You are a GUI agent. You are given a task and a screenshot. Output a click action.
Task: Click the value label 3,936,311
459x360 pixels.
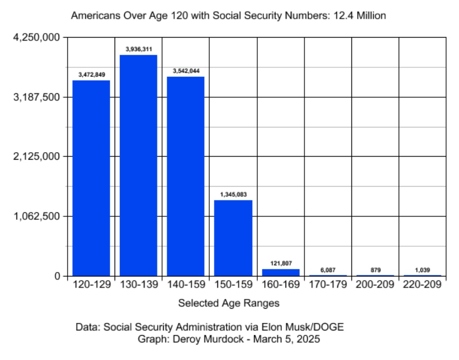pyautogui.click(x=139, y=50)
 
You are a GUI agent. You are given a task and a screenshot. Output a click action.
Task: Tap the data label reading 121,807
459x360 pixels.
pyautogui.click(x=281, y=263)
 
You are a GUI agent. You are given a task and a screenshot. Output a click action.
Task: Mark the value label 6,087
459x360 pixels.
pyautogui.click(x=328, y=270)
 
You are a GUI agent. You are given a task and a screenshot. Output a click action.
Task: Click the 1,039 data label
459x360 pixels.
pyautogui.click(x=423, y=270)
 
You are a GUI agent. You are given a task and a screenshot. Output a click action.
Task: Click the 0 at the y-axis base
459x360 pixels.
pyautogui.click(x=57, y=276)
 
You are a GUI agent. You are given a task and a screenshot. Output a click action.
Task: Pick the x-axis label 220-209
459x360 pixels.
pyautogui.click(x=423, y=285)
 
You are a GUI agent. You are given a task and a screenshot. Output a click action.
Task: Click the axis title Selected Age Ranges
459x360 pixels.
pyautogui.click(x=229, y=303)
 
